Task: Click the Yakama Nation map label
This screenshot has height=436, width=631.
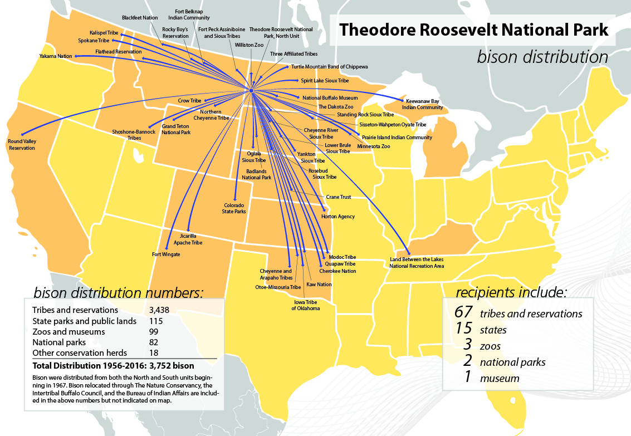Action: [x=56, y=56]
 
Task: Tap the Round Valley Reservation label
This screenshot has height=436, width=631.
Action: [x=22, y=145]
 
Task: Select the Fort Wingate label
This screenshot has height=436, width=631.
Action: [x=166, y=254]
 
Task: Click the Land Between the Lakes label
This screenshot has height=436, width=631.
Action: [x=417, y=263]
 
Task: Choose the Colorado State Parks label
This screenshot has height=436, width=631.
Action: [x=234, y=208]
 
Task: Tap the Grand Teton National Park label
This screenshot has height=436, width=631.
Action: [x=176, y=130]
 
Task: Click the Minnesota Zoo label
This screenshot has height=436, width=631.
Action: [x=373, y=146]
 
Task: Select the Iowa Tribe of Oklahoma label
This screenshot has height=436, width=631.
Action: [x=306, y=305]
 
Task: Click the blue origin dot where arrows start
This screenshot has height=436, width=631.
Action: [x=251, y=90]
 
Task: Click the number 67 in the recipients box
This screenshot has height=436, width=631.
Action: [x=464, y=313]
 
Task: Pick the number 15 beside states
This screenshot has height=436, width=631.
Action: [x=464, y=329]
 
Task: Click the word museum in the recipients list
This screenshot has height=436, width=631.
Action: [x=500, y=379]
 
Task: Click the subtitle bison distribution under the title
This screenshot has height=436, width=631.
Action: [x=542, y=57]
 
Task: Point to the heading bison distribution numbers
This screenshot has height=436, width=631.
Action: [x=119, y=292]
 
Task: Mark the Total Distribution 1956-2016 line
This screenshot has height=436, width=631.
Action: [x=113, y=366]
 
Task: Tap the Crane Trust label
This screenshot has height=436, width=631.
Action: [x=338, y=197]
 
